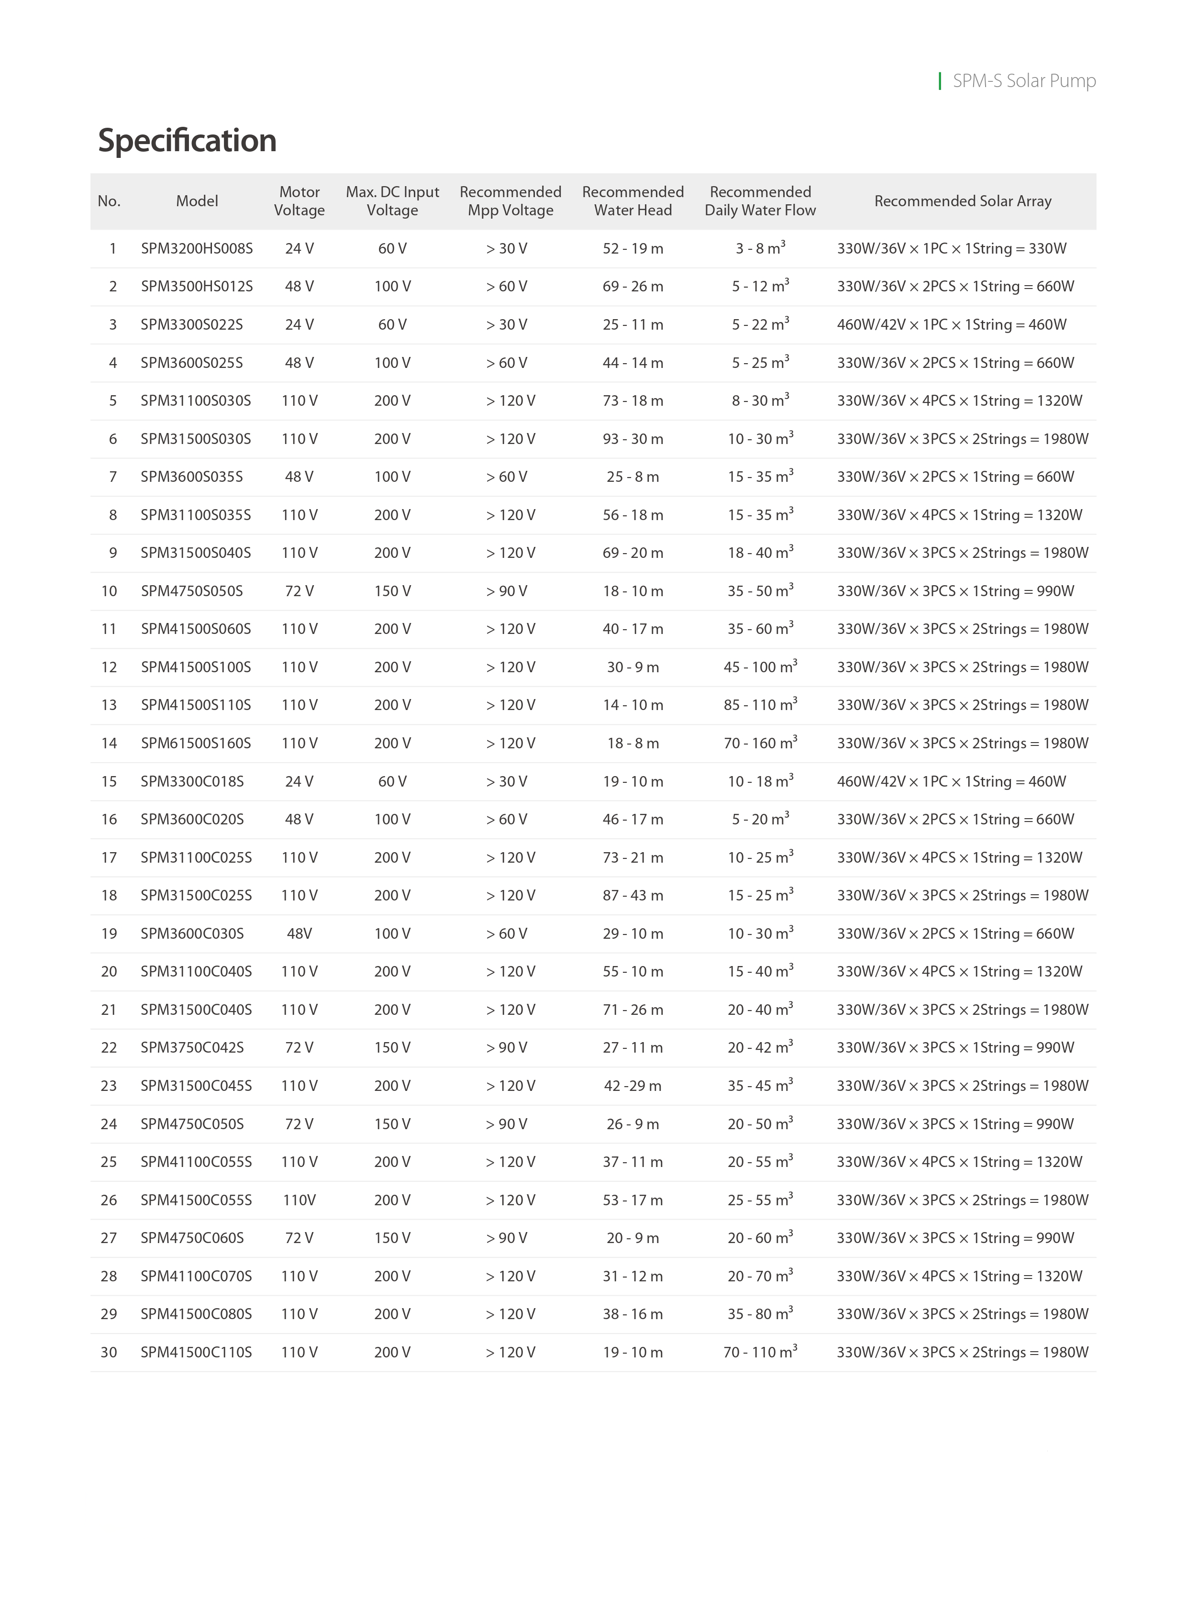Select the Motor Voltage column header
pyautogui.click(x=299, y=201)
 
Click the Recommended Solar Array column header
pyautogui.click(x=962, y=201)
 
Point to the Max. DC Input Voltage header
pyautogui.click(x=392, y=201)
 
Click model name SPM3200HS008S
pyautogui.click(x=197, y=249)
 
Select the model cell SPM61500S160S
pyautogui.click(x=196, y=743)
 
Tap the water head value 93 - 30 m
pyautogui.click(x=632, y=439)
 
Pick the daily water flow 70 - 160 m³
pyautogui.click(x=760, y=743)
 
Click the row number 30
pyautogui.click(x=109, y=1352)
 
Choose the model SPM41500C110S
pyautogui.click(x=196, y=1352)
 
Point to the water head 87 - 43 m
pyautogui.click(x=632, y=895)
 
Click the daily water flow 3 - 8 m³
pyautogui.click(x=760, y=249)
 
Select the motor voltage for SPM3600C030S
pyautogui.click(x=299, y=933)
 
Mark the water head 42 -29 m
pyautogui.click(x=632, y=1086)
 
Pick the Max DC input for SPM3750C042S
pyautogui.click(x=392, y=1048)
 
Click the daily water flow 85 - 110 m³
pyautogui.click(x=760, y=705)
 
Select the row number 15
pyautogui.click(x=109, y=781)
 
